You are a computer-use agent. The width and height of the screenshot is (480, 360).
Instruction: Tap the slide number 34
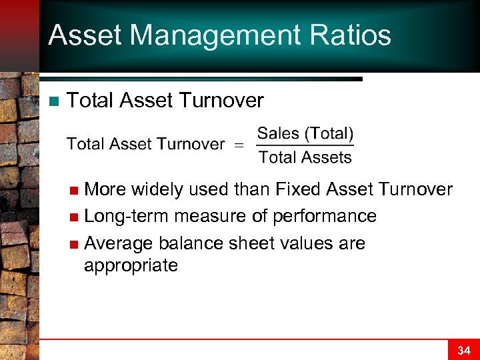tap(463, 349)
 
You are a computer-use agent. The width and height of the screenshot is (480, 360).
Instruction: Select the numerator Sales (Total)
tap(305, 133)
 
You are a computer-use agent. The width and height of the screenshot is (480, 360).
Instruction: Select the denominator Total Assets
tap(305, 157)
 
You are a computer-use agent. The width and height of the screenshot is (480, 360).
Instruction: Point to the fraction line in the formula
tap(305, 145)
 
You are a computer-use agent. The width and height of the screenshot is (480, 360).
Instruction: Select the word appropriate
tap(131, 265)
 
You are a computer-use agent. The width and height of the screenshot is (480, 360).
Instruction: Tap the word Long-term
tap(127, 217)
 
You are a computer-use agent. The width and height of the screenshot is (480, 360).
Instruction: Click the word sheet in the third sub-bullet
tap(250, 243)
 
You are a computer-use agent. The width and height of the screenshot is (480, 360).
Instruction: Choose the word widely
tap(157, 189)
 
